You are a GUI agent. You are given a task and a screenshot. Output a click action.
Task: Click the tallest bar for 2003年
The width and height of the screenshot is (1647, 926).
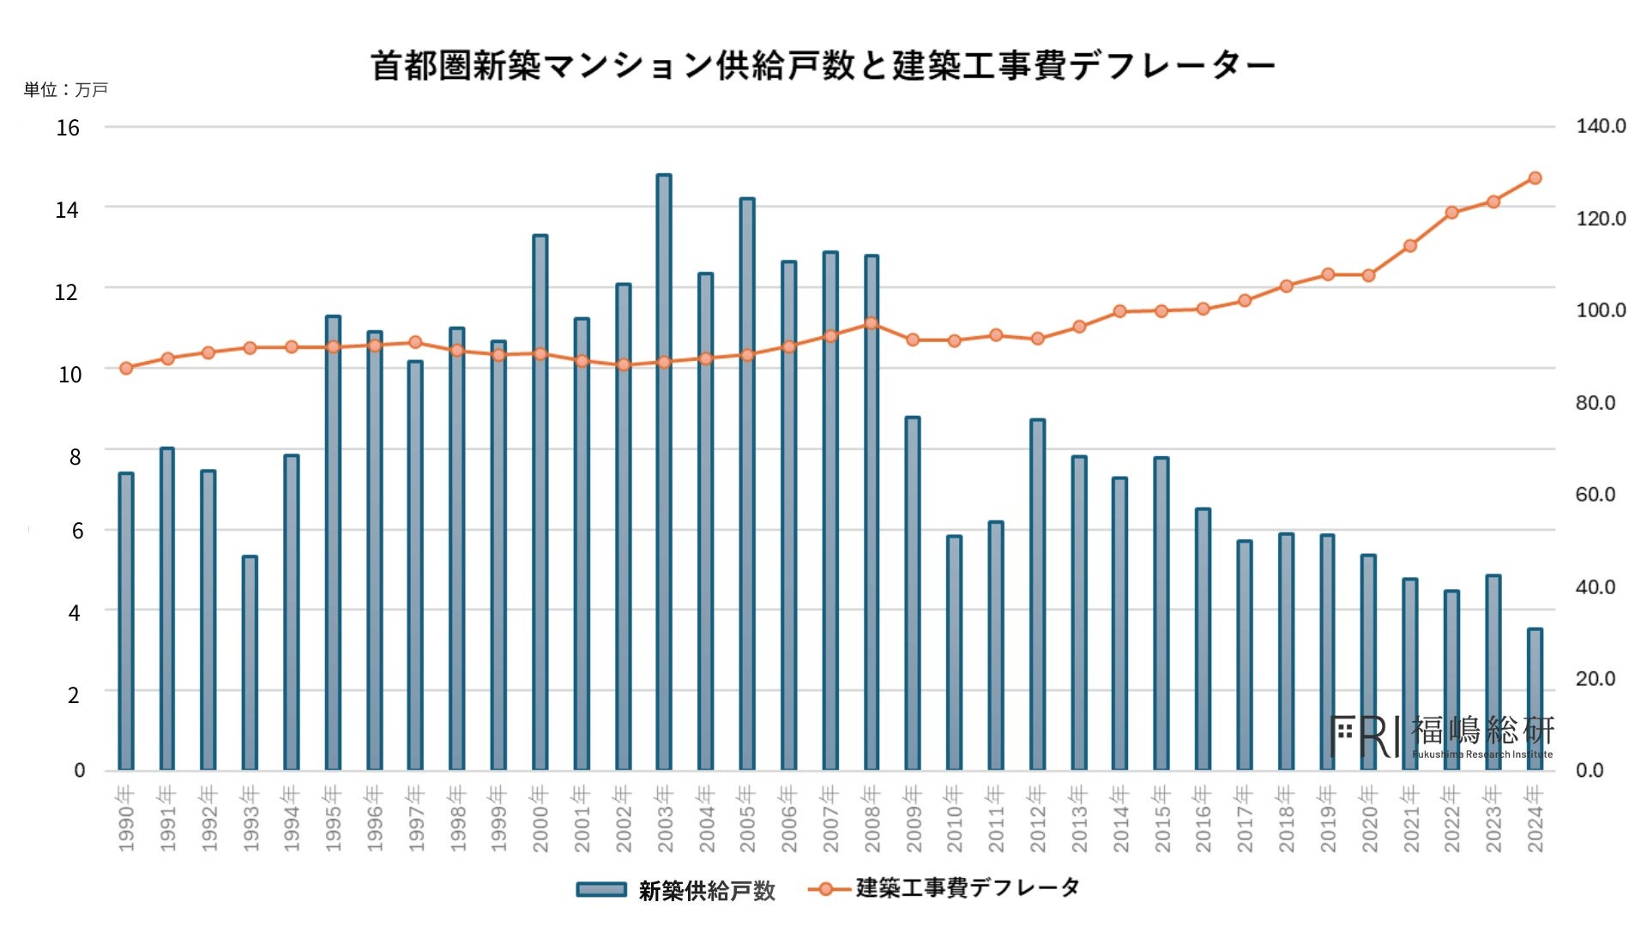[x=664, y=472]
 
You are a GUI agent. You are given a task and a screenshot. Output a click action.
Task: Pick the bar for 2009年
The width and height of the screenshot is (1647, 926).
[x=913, y=593]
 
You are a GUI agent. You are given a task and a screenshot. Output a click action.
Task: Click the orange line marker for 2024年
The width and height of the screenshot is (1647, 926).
[x=1535, y=178]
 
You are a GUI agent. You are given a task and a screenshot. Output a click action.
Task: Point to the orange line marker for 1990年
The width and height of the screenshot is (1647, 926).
[x=126, y=369]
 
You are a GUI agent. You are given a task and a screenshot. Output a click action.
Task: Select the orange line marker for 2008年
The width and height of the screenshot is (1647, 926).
[x=872, y=323]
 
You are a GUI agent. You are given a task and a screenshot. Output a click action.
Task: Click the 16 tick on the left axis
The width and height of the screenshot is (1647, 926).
[x=68, y=129]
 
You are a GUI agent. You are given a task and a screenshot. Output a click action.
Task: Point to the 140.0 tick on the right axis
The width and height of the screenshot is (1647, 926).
[x=1600, y=127]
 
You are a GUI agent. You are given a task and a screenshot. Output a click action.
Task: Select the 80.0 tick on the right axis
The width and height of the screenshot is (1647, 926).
[x=1595, y=403]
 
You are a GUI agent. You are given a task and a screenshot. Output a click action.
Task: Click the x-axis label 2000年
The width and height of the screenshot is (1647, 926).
[x=540, y=819]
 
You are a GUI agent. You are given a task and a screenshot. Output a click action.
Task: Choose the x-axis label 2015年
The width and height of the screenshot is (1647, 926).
[x=1161, y=819]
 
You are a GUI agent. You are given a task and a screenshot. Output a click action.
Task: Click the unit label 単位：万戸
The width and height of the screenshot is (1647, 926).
[x=66, y=90]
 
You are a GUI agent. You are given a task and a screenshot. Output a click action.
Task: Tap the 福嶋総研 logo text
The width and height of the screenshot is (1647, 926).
[x=1481, y=731]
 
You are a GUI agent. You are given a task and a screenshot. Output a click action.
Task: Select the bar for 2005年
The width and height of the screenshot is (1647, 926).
[x=747, y=484]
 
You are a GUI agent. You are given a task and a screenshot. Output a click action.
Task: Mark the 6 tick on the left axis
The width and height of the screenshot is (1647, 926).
[x=77, y=532]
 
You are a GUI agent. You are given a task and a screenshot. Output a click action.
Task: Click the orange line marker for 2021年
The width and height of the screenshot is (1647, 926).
[x=1410, y=246]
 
